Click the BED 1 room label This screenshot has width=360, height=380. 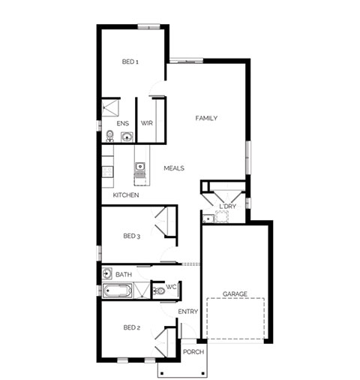pos(130,62)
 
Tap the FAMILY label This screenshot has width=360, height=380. pos(206,118)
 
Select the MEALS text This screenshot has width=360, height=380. pos(174,168)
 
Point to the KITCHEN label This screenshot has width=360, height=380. pos(126,195)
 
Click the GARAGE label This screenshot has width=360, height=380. pos(235,294)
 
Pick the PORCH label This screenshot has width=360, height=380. pos(193,351)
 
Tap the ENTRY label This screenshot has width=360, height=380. pos(188,312)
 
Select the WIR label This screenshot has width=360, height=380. pos(147,123)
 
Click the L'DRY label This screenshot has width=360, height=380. pos(227,207)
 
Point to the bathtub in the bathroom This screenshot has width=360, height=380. pos(117,291)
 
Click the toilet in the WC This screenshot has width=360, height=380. pos(158,291)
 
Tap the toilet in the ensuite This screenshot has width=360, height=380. pos(109,136)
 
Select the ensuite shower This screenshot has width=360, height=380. pos(110,108)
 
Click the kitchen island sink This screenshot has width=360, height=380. pos(140,166)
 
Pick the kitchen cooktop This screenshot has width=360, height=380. pos(107,171)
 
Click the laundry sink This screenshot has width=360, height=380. pos(208,219)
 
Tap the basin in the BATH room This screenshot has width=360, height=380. pos(107,273)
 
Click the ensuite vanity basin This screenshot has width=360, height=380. pos(127,137)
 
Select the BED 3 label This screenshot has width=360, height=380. pos(131,236)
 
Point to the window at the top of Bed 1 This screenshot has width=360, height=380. pos(148,26)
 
